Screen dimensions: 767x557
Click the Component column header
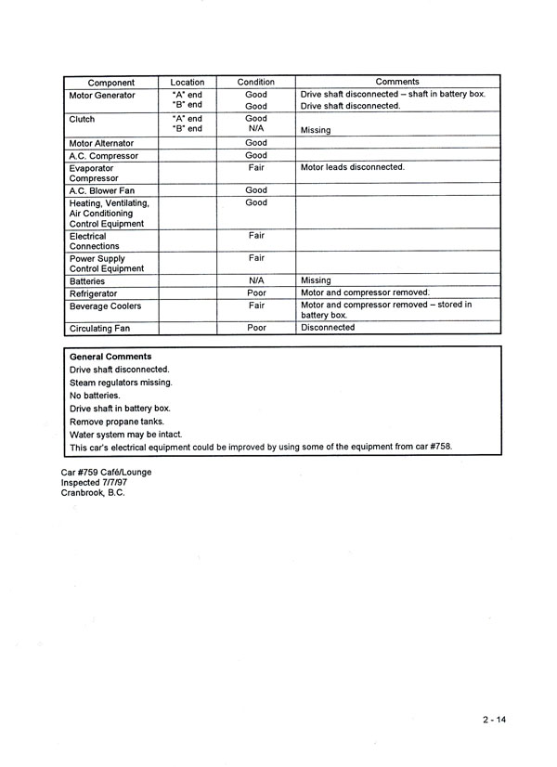pyautogui.click(x=110, y=83)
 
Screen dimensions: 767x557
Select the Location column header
pyautogui.click(x=188, y=83)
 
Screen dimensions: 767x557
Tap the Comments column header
pyautogui.click(x=396, y=82)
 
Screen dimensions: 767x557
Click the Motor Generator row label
pyautogui.click(x=102, y=95)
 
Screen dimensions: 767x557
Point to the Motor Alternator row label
pyautogui.click(x=101, y=143)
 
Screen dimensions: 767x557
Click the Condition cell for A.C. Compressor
pyautogui.click(x=256, y=156)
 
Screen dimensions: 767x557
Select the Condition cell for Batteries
pyautogui.click(x=257, y=279)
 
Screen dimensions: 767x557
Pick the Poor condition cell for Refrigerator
pyautogui.click(x=256, y=292)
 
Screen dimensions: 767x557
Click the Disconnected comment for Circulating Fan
pyautogui.click(x=328, y=327)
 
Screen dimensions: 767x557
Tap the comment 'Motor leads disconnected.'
pyautogui.click(x=352, y=167)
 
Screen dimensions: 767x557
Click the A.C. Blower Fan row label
pyautogui.click(x=103, y=190)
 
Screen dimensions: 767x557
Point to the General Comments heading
pyautogui.click(x=110, y=357)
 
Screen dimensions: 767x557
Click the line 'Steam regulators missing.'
pyautogui.click(x=121, y=382)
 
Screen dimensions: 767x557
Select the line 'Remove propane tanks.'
pyautogui.click(x=117, y=421)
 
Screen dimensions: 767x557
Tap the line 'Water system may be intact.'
pyautogui.click(x=125, y=434)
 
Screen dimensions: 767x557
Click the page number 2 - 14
pyautogui.click(x=495, y=720)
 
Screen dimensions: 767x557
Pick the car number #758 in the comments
pyautogui.click(x=436, y=447)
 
